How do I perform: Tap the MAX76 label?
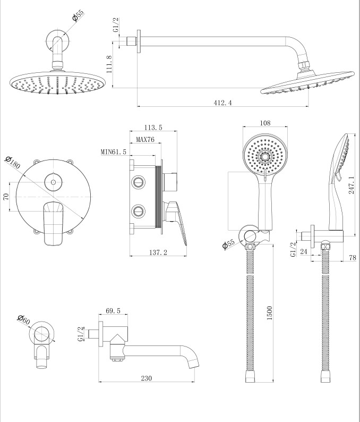[x=145, y=140]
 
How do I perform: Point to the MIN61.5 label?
[x=114, y=152]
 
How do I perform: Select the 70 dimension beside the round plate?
[x=6, y=196]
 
